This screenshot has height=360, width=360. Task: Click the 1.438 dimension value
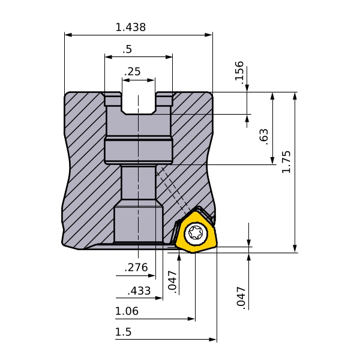(x=130, y=27)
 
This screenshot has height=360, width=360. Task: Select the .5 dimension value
(x=127, y=49)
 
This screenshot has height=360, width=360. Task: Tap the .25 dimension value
(x=132, y=71)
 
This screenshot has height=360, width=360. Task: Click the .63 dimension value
(x=263, y=137)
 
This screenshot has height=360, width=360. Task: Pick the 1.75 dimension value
(x=286, y=162)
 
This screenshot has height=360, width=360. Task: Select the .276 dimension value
(x=136, y=268)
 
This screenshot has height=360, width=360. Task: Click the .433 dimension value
(x=139, y=291)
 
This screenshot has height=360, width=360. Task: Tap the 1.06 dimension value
(x=127, y=311)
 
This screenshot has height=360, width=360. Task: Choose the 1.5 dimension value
(x=123, y=332)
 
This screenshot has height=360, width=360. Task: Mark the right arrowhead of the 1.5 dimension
(x=213, y=340)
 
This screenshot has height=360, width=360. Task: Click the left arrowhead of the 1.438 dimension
(x=68, y=35)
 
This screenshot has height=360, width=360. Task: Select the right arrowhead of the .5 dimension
(x=169, y=57)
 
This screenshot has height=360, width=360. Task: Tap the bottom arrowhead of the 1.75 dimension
(x=295, y=249)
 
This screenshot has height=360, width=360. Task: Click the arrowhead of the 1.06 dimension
(x=191, y=319)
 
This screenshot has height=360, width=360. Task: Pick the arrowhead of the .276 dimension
(x=152, y=275)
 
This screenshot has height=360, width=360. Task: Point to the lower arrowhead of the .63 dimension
(x=272, y=160)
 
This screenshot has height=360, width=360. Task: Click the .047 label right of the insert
(x=241, y=296)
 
